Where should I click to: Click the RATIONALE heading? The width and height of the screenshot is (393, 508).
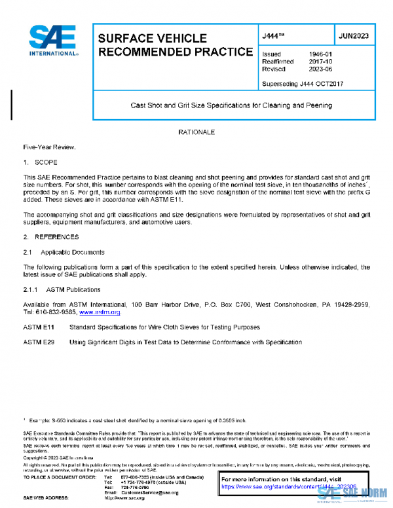[196, 132]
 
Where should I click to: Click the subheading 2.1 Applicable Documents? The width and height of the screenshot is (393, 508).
[64, 252]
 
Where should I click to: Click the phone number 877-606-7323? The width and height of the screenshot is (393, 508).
[135, 477]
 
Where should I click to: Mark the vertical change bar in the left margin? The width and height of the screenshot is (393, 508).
[11, 105]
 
